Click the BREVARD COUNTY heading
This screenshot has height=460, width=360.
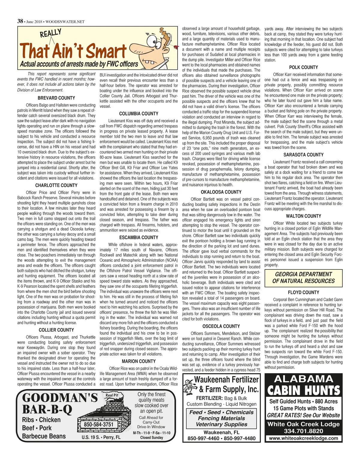coord(56,98)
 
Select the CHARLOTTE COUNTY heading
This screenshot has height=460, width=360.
coord(56,185)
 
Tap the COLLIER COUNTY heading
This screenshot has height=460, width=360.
coord(56,330)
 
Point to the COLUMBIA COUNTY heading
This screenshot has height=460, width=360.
coord(139,114)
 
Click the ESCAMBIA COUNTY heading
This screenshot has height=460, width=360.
coord(139,237)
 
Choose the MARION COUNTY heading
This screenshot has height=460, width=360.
coord(139,361)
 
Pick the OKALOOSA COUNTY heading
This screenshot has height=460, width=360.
coord(221,192)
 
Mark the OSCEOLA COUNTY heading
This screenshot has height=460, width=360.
coord(221,326)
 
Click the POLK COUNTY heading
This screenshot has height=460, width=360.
coord(303,68)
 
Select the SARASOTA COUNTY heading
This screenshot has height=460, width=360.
coord(303,155)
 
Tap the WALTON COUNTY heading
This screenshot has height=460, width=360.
coord(303,216)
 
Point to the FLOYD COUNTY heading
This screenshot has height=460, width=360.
coord(303,292)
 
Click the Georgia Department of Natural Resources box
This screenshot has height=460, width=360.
coord(303,278)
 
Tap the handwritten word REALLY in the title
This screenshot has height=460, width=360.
coord(51,33)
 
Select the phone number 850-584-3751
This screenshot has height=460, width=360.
coord(98,424)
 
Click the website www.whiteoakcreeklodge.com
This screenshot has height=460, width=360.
coord(303,438)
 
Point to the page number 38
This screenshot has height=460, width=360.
coord(20,21)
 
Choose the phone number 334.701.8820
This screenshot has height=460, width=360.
coord(303,431)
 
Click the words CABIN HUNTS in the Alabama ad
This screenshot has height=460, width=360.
coord(303,391)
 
